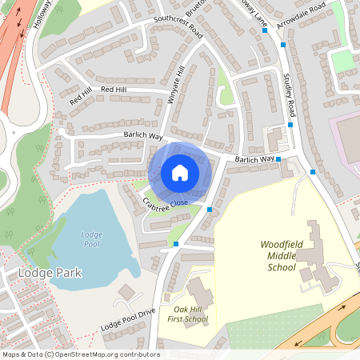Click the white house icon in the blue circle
point(180,173)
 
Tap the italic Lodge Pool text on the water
point(92,239)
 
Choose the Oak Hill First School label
point(185,314)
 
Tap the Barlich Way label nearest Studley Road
point(254,160)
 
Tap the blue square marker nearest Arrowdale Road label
point(284,46)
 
